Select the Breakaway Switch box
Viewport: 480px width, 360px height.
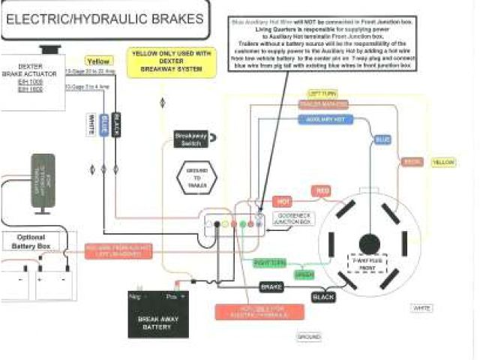coord(191,139)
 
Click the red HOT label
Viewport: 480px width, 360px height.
coord(283,201)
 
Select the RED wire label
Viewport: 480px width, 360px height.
coord(322,191)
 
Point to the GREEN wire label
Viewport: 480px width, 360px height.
coord(303,274)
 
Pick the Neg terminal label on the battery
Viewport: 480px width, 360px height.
coord(136,296)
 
